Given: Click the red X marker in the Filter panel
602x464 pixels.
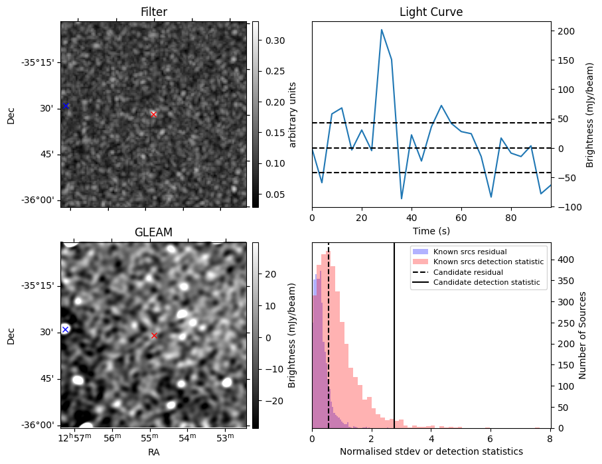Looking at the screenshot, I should click(154, 114).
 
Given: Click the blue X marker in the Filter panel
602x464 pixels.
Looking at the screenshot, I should click(66, 106).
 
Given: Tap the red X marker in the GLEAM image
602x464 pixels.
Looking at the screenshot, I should click(155, 336).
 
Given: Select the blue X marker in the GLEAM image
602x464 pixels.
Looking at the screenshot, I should click(65, 329).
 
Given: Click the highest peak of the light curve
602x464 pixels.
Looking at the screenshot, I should click(382, 30).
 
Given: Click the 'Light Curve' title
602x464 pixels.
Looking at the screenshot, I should click(431, 12).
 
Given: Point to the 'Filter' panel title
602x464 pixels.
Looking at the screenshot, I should click(154, 12).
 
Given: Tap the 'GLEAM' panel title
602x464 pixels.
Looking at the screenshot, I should click(154, 232).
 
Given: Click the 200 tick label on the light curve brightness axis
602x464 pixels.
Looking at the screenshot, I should click(564, 31).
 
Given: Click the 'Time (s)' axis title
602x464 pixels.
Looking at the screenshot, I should click(431, 230).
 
